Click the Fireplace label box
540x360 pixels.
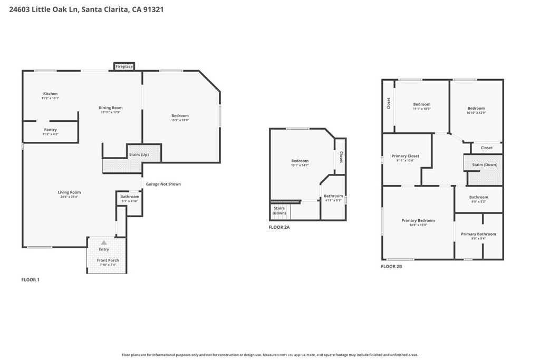(x=124, y=67)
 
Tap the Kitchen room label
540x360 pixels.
(x=51, y=94)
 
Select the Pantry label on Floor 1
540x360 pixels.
(x=51, y=130)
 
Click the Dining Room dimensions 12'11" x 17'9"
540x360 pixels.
(x=111, y=112)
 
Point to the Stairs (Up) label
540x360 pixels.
(x=139, y=155)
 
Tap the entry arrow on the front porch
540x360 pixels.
(x=104, y=242)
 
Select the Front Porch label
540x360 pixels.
(x=108, y=260)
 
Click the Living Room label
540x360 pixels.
(x=69, y=192)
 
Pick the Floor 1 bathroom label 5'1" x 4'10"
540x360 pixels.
(x=130, y=201)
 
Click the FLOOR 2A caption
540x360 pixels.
(x=279, y=228)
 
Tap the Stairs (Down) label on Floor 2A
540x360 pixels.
(x=279, y=210)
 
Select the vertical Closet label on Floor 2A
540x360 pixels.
(x=341, y=157)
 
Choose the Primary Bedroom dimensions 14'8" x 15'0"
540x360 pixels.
(x=418, y=225)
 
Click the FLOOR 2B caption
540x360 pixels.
(x=391, y=267)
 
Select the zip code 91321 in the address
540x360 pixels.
(x=152, y=9)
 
